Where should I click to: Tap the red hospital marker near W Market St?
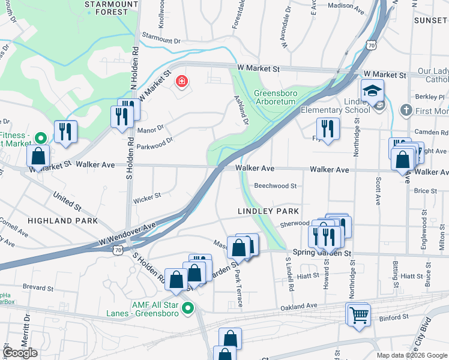tap(180, 81)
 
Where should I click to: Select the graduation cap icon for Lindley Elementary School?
tap(372, 91)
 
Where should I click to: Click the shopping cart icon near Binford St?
tap(358, 313)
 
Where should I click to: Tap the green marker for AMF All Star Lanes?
tap(188, 309)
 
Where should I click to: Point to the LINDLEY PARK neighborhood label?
tap(268, 211)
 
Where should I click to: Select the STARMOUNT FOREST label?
tap(107, 8)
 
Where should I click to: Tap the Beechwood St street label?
tap(275, 186)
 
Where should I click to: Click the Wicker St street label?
tap(147, 196)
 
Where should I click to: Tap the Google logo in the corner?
tap(20, 353)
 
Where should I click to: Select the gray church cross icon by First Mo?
tap(406, 110)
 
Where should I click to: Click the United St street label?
tap(67, 200)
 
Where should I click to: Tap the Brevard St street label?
tap(38, 287)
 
